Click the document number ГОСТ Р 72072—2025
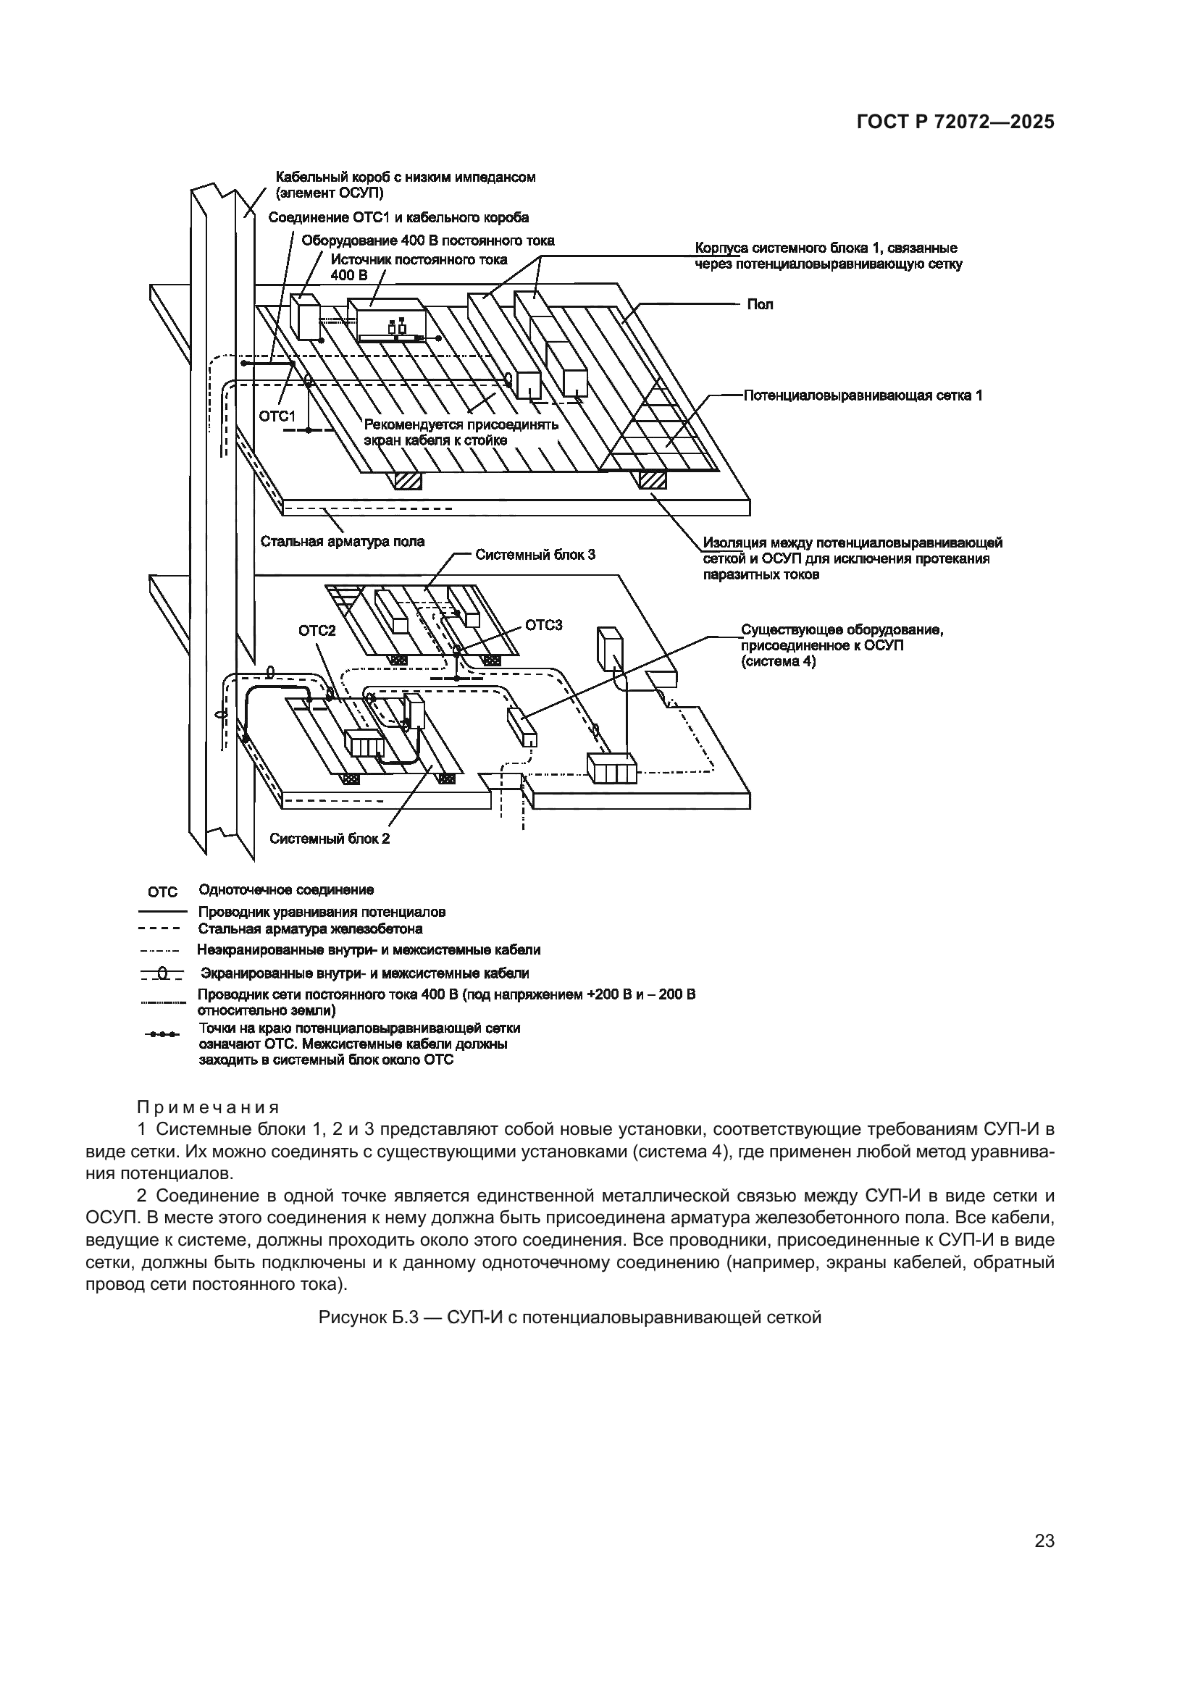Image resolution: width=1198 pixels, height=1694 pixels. [x=955, y=122]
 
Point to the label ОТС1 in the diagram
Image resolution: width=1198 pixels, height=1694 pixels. [x=277, y=417]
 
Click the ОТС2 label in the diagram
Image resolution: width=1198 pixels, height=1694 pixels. [x=317, y=630]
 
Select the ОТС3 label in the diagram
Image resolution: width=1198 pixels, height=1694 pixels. [x=544, y=626]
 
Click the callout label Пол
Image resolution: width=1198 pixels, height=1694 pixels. [x=760, y=305]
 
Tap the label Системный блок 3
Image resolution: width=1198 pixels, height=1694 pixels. [x=535, y=555]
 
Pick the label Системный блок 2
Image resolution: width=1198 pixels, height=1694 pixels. [x=329, y=838]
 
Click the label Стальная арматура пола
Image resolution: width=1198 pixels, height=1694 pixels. [x=343, y=542]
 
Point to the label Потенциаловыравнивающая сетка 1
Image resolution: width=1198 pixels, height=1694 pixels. [x=863, y=395]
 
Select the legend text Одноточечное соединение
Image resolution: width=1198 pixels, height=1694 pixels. [x=286, y=890]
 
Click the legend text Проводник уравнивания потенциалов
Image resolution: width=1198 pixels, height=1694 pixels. [x=322, y=912]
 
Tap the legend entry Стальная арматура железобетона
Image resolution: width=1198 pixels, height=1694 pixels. [x=310, y=929]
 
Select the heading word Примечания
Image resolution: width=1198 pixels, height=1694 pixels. [x=208, y=1107]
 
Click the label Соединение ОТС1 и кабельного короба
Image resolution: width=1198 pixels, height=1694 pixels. [x=398, y=218]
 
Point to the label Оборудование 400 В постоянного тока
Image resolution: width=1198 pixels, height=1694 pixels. [x=428, y=240]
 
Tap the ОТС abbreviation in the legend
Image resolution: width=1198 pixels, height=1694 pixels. [x=162, y=892]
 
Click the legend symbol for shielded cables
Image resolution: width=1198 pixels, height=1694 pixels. [x=162, y=974]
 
